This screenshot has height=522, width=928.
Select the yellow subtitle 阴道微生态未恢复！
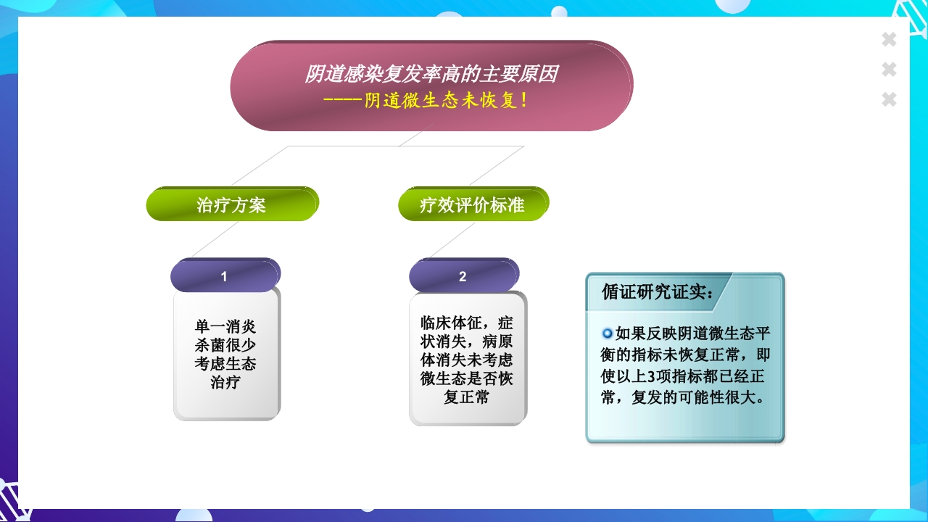click(x=446, y=101)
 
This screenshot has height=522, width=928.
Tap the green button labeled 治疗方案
click(x=231, y=204)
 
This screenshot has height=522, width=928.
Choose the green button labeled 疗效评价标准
click(x=472, y=204)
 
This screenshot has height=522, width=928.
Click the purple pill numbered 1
click(x=225, y=276)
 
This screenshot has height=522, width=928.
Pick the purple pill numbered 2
click(x=463, y=276)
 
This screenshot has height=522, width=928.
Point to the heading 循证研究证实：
click(x=658, y=291)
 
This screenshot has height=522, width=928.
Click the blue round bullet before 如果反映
click(x=608, y=333)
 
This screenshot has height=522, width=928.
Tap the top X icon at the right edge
click(x=889, y=40)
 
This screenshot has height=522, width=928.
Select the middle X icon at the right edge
click(x=889, y=70)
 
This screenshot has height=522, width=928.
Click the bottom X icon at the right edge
click(x=889, y=99)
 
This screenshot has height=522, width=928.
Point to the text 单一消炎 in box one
click(x=225, y=326)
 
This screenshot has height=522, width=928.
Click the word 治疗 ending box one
click(x=225, y=382)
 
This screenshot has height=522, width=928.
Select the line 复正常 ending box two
click(x=467, y=397)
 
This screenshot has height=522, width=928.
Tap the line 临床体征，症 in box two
click(x=467, y=322)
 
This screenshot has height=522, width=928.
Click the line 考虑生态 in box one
click(x=225, y=363)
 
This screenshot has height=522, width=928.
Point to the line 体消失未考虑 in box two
click(x=467, y=360)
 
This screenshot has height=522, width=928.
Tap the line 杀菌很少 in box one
click(x=225, y=345)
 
